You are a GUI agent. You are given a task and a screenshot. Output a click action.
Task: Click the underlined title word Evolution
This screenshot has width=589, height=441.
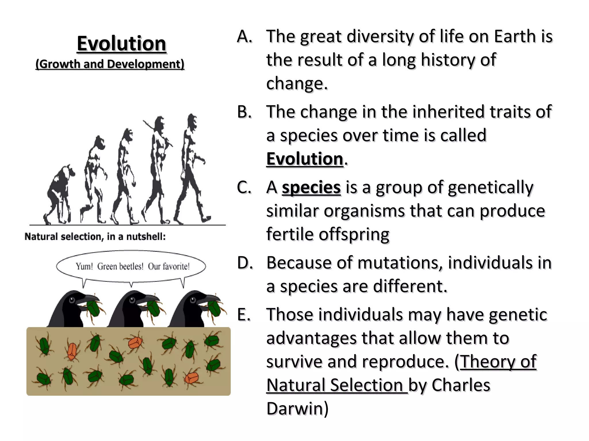[x=122, y=44]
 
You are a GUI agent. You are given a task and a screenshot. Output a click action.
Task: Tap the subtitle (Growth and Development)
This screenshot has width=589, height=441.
[x=110, y=64]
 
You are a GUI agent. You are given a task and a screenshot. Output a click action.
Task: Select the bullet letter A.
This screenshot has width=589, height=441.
[x=244, y=37]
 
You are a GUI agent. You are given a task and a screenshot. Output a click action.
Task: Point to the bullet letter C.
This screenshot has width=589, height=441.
[x=244, y=187]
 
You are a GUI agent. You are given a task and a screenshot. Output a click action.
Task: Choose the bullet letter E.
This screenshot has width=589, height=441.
[x=244, y=315]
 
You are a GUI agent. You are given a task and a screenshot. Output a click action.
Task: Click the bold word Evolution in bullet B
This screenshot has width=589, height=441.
[x=305, y=159]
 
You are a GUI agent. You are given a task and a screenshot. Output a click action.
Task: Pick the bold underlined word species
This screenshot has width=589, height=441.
[x=311, y=187]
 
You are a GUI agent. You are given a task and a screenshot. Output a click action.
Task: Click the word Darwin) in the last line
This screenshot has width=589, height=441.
[x=297, y=408]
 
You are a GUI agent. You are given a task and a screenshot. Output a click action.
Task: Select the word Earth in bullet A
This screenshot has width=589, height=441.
[x=515, y=37]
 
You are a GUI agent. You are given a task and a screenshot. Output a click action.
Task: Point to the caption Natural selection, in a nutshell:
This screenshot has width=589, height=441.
[x=95, y=237]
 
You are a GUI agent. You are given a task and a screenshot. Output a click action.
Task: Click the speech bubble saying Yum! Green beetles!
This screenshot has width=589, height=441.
[x=131, y=266]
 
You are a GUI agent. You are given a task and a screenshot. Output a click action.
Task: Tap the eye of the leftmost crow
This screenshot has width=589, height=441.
[x=72, y=300]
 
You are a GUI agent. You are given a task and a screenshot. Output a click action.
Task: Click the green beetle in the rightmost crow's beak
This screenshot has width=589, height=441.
[x=214, y=307]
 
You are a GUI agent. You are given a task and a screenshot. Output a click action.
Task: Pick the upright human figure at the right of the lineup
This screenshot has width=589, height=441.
[x=191, y=169]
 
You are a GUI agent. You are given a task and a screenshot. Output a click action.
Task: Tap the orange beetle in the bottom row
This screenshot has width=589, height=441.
[x=192, y=378]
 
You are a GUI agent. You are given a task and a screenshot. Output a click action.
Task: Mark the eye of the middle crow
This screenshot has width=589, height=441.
[x=132, y=300]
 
